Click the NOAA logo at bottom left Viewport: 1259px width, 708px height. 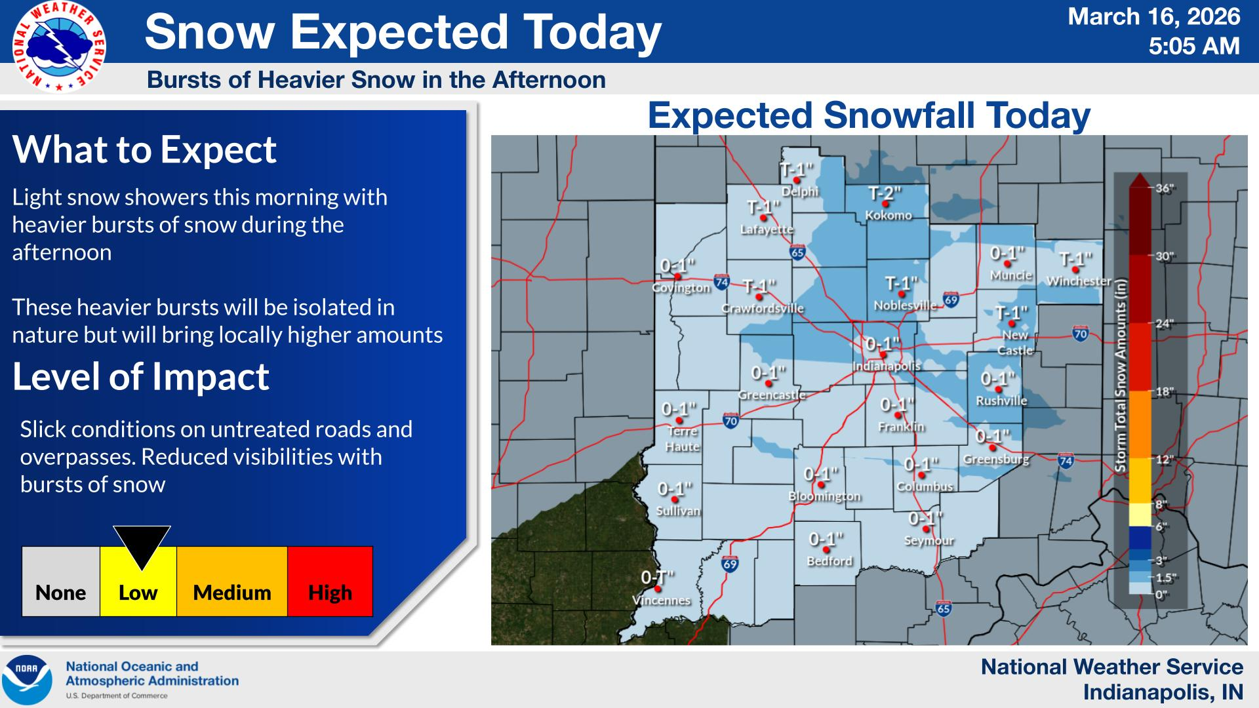pos(27,679)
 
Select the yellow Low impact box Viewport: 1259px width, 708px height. pos(138,582)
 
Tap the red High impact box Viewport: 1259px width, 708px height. pos(330,582)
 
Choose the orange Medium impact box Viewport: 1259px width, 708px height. pos(231,582)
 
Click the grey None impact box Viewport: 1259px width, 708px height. pos(60,582)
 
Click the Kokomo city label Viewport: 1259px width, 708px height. pos(888,216)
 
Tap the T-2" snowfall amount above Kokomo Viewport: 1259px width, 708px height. pos(885,193)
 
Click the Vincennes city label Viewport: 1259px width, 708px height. pos(661,600)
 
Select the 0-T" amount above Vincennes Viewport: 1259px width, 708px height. pos(657,578)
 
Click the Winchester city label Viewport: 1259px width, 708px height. pos(1079,281)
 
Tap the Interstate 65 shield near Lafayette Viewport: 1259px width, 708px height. pos(797,252)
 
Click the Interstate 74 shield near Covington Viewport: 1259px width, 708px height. pos(721,283)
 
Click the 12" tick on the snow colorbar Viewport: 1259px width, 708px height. pos(1163,460)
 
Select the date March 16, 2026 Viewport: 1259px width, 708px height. pos(1154,16)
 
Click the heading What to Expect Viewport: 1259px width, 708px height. pos(144,150)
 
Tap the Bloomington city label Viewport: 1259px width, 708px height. pos(824,496)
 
